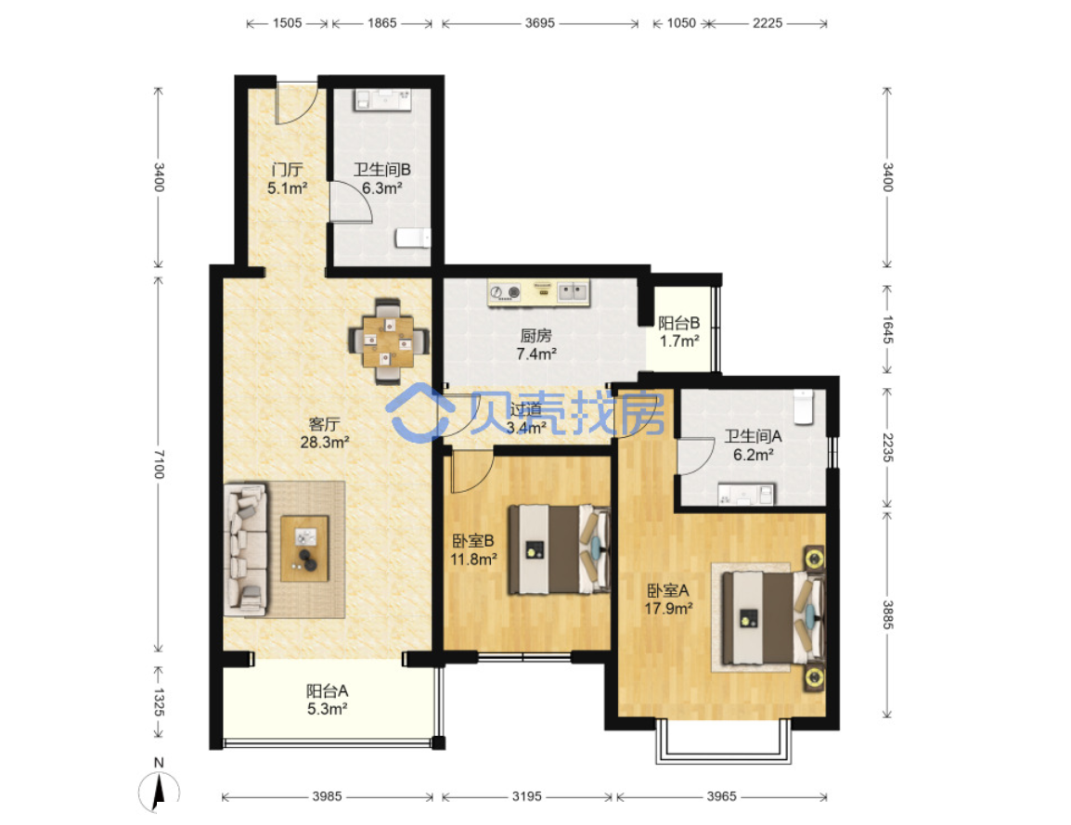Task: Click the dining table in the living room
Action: [x=388, y=341]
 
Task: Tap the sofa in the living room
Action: [x=245, y=549]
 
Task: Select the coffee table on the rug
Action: [x=304, y=548]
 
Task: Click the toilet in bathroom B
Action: [x=413, y=238]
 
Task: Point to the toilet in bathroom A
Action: [x=804, y=406]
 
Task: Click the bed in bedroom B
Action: [x=559, y=549]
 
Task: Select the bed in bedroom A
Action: [x=772, y=618]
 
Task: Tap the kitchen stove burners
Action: [x=506, y=293]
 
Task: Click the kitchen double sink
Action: [x=573, y=292]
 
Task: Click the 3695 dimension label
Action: [x=539, y=23]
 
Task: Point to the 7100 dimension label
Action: [x=159, y=464]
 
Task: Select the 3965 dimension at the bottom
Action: [x=721, y=796]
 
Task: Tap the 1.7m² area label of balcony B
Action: [x=679, y=341]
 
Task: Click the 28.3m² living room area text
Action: [x=325, y=443]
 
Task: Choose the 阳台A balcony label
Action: [x=328, y=691]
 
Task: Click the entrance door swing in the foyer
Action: [x=294, y=105]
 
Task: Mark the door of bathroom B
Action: [x=350, y=202]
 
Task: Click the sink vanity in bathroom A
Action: [x=746, y=494]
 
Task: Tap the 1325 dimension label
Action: [x=159, y=703]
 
